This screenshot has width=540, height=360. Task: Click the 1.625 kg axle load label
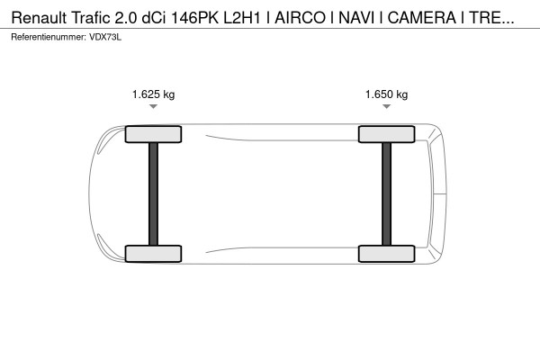pyautogui.click(x=153, y=94)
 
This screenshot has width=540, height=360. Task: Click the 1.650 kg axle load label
pyautogui.click(x=386, y=94)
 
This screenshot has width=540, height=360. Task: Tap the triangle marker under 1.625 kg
pyautogui.click(x=153, y=106)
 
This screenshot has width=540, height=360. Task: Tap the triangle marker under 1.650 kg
pyautogui.click(x=386, y=106)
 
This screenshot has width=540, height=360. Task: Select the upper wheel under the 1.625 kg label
pyautogui.click(x=153, y=134)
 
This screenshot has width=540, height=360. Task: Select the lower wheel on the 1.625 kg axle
pyautogui.click(x=153, y=254)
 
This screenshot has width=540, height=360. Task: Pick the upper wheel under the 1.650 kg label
pyautogui.click(x=386, y=134)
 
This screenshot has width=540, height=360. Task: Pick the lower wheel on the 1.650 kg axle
pyautogui.click(x=386, y=254)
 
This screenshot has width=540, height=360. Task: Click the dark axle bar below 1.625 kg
pyautogui.click(x=153, y=194)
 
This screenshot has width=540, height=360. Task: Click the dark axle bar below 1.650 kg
pyautogui.click(x=386, y=194)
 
